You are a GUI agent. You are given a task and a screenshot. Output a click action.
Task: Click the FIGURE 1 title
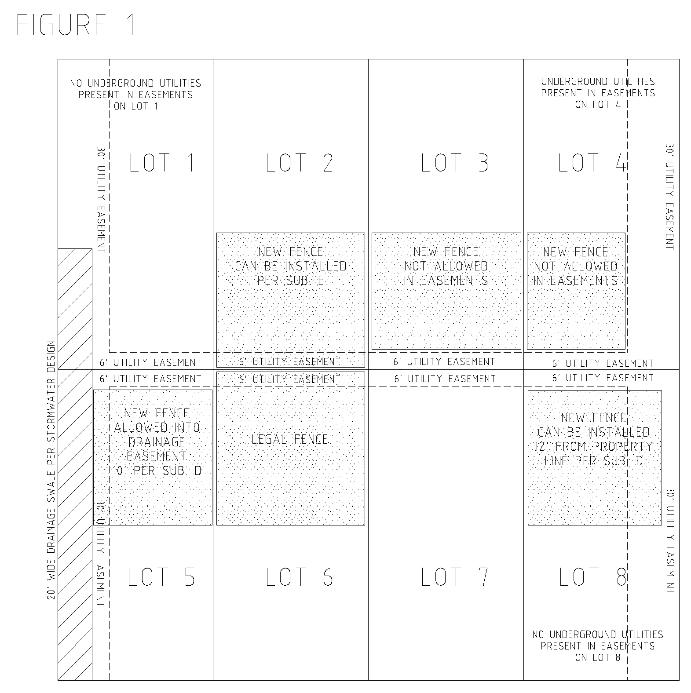(x=76, y=25)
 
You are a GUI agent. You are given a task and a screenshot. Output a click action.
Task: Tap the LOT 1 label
(x=162, y=163)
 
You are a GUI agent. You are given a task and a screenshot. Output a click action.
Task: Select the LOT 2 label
(x=300, y=163)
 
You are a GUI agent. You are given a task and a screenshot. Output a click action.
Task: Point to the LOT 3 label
(x=455, y=163)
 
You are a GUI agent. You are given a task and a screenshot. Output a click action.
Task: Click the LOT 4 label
(x=592, y=163)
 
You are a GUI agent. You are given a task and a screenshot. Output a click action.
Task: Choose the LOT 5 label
(x=161, y=577)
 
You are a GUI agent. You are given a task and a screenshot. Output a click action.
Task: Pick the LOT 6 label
(x=300, y=577)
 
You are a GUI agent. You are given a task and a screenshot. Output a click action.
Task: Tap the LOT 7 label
(x=455, y=577)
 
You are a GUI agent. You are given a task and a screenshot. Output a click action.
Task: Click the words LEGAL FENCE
(x=290, y=439)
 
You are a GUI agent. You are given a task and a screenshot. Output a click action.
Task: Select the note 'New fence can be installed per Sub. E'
(x=291, y=266)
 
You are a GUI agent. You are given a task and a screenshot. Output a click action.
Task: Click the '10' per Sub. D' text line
(x=157, y=471)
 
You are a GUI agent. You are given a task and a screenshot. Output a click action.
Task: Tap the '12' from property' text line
(x=594, y=447)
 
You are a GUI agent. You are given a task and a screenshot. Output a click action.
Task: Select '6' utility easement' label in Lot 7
(x=445, y=379)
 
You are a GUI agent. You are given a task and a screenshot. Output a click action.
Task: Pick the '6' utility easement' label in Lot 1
(x=150, y=363)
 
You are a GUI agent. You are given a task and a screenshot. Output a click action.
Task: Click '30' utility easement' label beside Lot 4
(x=669, y=196)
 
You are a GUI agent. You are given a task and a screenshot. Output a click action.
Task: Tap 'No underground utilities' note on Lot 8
(x=597, y=646)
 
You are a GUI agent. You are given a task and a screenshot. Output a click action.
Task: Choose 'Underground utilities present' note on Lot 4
(x=598, y=93)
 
